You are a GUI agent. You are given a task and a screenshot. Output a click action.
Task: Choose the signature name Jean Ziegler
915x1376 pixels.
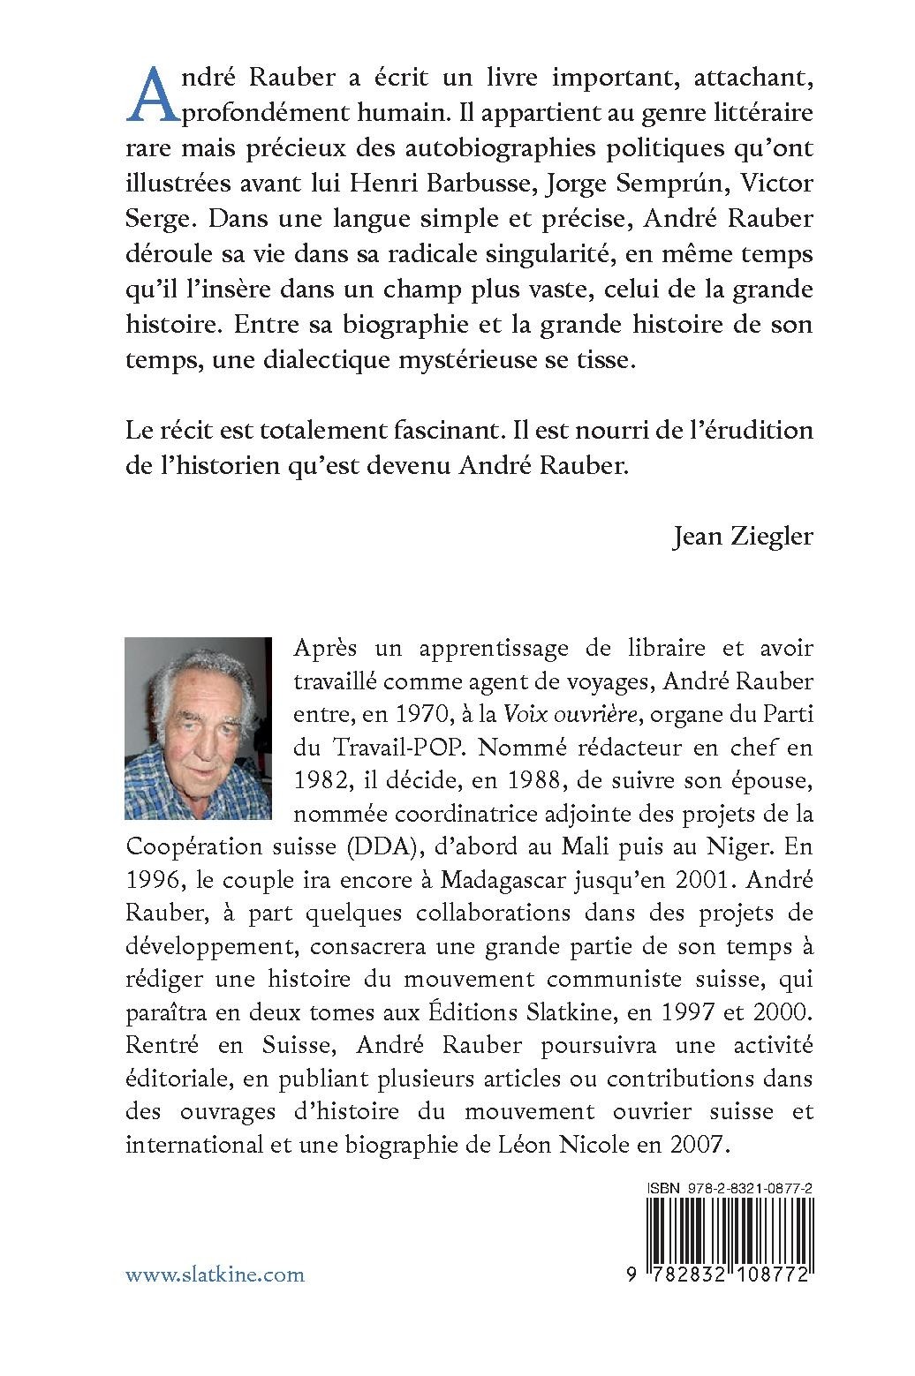(x=742, y=537)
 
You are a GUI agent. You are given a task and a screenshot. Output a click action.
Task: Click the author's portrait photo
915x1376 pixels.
(x=198, y=728)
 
